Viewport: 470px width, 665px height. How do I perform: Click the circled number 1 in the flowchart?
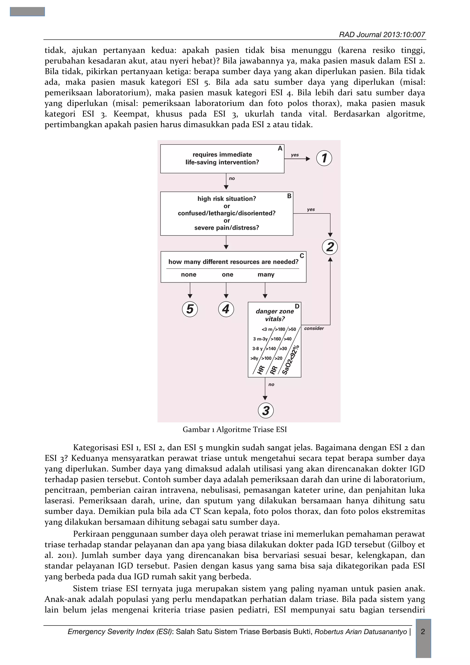[324, 158]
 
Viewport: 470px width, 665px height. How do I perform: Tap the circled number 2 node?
[330, 247]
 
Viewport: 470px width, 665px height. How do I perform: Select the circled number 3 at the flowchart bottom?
[266, 410]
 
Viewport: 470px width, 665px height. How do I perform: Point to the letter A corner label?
[280, 149]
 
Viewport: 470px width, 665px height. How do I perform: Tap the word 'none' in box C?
[188, 275]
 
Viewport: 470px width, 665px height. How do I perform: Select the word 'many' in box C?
[266, 275]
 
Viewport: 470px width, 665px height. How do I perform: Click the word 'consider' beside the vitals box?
[314, 328]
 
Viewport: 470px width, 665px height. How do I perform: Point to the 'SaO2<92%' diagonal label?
[291, 360]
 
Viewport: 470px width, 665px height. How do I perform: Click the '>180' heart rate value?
[280, 329]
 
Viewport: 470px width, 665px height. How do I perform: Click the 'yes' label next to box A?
[295, 155]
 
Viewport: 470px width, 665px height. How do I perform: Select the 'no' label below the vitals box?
[271, 384]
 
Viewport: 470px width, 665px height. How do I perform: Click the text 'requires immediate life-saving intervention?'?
[222, 158]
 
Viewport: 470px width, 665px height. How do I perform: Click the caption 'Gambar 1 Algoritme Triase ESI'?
[235, 429]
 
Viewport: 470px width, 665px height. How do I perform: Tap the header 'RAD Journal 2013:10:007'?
[382, 35]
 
